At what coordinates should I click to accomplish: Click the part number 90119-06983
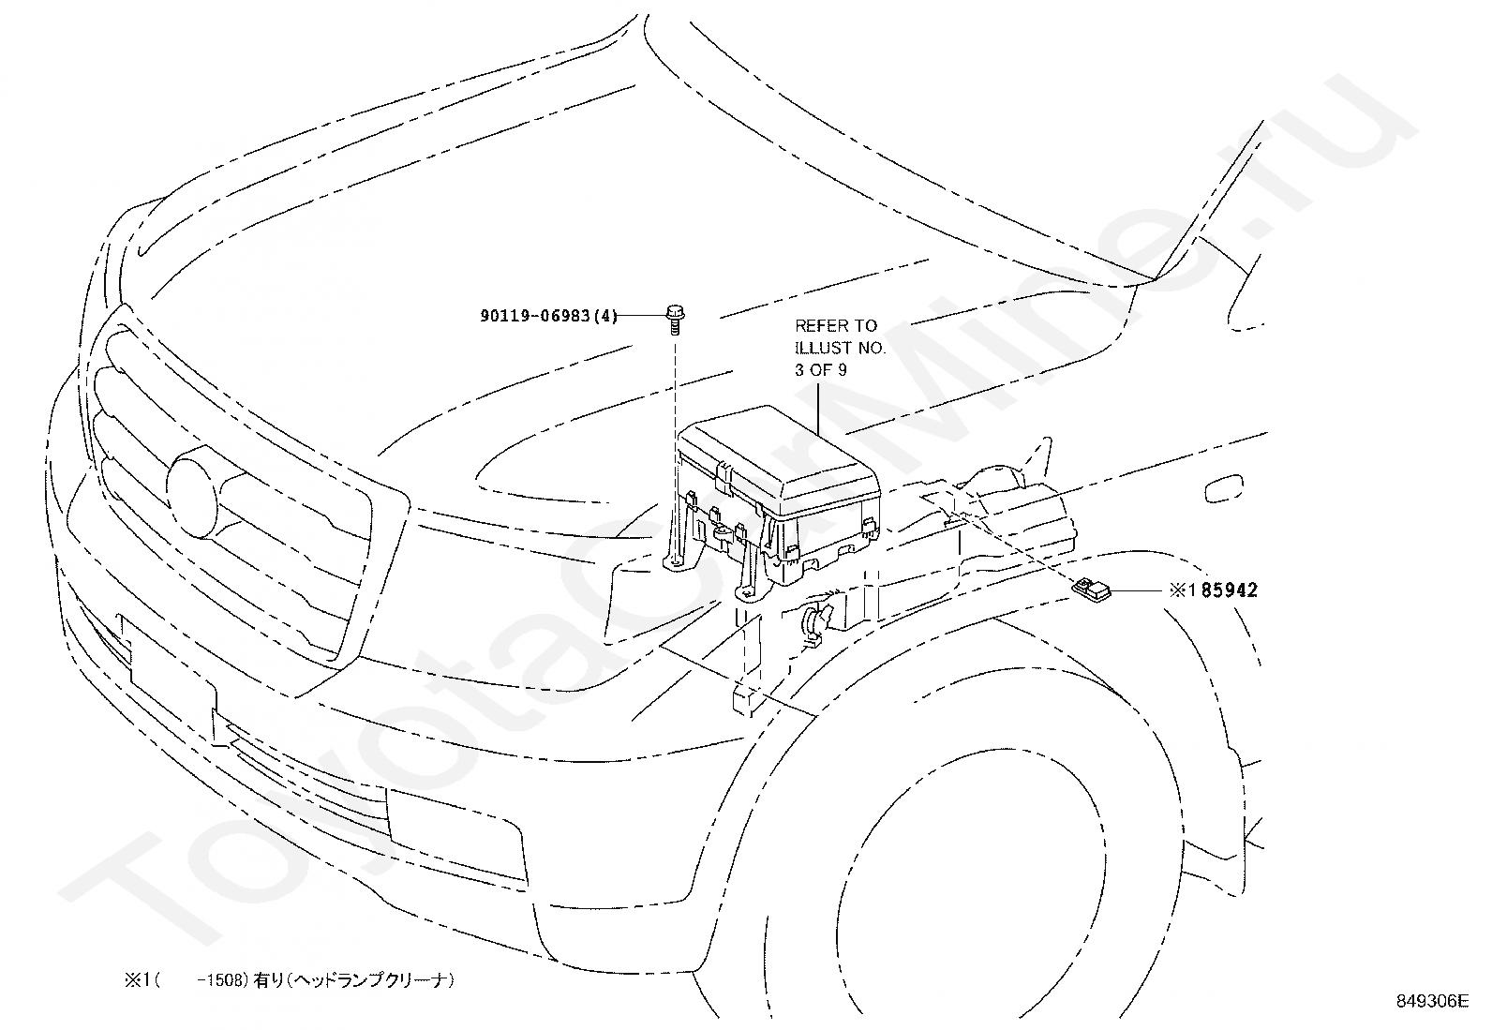(535, 315)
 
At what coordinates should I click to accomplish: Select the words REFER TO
(836, 326)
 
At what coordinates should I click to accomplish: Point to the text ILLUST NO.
(840, 348)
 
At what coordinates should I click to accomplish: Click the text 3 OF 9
(821, 370)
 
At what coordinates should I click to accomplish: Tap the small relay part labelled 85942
(1090, 589)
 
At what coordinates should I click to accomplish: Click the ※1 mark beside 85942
(1185, 590)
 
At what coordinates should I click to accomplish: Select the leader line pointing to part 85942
(1136, 590)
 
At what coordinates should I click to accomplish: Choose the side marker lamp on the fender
(1224, 488)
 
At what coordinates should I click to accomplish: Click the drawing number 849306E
(1432, 1001)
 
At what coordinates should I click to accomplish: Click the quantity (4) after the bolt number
(604, 315)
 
